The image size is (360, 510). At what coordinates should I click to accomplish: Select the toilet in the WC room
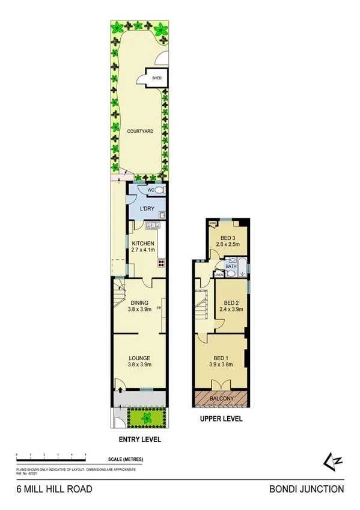[159, 191]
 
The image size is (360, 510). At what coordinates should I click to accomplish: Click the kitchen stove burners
[162, 262]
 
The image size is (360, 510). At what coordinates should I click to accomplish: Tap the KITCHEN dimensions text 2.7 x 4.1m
[143, 250]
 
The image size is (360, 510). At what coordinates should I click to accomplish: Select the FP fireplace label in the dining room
[159, 309]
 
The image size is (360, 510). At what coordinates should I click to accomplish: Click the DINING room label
[139, 303]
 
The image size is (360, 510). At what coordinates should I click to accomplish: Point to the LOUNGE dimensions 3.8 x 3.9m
[139, 364]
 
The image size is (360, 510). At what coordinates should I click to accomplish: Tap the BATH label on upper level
[231, 265]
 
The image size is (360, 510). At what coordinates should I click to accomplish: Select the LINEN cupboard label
[219, 275]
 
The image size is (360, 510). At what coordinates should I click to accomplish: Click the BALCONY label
[222, 399]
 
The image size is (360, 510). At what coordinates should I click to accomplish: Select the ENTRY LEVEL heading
[139, 440]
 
